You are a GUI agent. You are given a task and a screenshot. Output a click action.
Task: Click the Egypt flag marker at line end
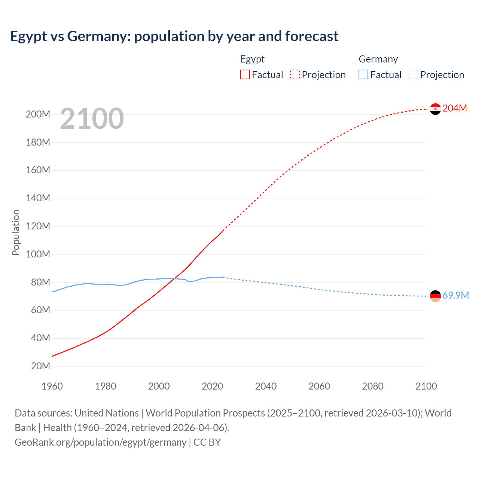coord(435,109)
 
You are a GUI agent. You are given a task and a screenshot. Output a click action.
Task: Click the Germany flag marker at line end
coord(435,296)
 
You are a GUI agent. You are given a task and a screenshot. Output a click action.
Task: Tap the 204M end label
coord(455,108)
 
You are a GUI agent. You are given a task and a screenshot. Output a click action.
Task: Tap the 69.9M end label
coord(455,295)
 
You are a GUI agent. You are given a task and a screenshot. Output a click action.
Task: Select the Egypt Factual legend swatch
coord(245,74)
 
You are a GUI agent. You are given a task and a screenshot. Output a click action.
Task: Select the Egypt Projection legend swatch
coord(295,74)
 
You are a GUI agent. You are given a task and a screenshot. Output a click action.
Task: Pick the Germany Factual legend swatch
coord(363,74)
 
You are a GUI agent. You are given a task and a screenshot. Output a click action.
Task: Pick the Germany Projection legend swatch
coord(414,74)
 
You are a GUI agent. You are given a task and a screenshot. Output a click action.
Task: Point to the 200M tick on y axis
coord(38,114)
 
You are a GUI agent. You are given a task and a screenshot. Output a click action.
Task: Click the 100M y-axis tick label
coord(38,254)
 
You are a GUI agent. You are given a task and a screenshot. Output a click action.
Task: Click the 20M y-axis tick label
coord(40,366)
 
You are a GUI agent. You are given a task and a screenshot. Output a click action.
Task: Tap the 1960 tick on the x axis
coord(52,386)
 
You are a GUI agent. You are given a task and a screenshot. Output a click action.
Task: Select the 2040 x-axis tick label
coord(266,386)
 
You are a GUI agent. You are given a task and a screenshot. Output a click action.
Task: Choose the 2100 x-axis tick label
coord(426,386)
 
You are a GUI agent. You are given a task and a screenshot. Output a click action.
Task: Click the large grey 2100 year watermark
coord(92,119)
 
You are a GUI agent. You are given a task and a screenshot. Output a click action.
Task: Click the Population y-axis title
coord(16,232)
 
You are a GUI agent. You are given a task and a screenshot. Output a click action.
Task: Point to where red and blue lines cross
coord(173,279)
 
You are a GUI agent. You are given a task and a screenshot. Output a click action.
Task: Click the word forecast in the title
coord(312,36)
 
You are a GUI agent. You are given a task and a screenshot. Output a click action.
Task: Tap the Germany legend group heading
coord(378,59)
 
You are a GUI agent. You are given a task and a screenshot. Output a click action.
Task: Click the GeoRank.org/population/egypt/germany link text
coord(100,442)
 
